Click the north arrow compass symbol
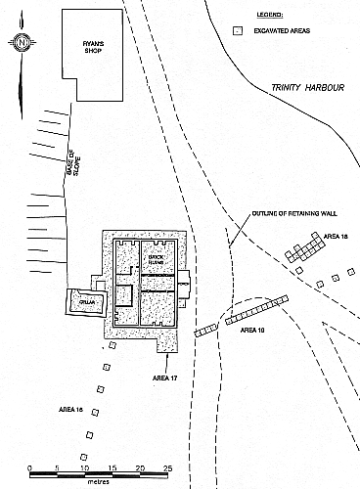coord(22,42)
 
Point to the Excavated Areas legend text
coord(282,31)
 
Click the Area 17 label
coord(165,377)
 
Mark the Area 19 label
coord(253,330)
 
